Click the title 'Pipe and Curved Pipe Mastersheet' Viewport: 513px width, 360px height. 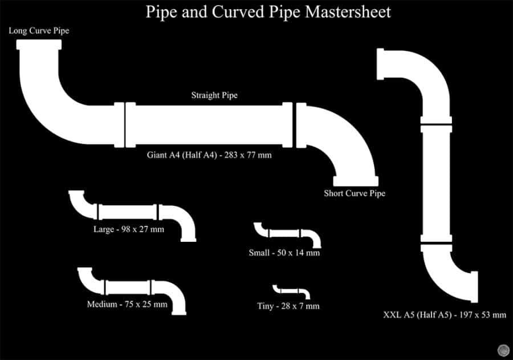point(268,12)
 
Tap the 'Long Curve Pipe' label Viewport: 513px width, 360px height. point(39,30)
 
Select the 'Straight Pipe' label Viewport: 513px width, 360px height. point(214,95)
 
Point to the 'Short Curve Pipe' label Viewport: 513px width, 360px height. point(355,193)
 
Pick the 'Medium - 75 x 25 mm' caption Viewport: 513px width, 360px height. point(127,304)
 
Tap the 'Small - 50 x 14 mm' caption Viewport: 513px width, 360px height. point(284,253)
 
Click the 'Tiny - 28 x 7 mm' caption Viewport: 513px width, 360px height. point(288,306)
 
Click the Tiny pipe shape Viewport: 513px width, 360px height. point(291,291)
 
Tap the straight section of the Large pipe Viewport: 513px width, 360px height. point(129,211)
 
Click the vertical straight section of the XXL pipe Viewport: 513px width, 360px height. point(436,183)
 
